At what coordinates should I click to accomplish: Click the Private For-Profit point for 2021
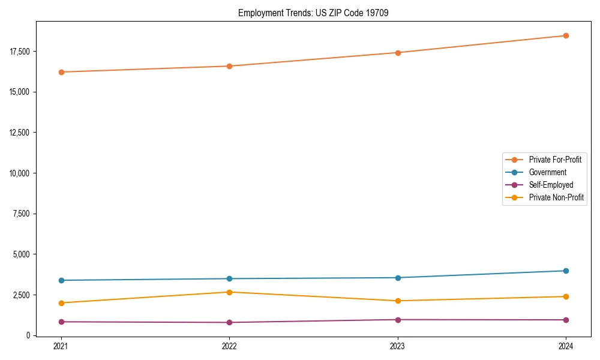tap(61, 72)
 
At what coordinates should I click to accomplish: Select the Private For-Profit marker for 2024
tap(566, 35)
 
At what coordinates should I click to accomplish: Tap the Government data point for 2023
tap(398, 278)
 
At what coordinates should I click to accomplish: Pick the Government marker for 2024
tap(566, 271)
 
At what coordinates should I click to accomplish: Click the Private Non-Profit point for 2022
tap(229, 292)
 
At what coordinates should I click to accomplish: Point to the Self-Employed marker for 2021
tap(61, 322)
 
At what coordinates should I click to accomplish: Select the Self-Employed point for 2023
tap(398, 320)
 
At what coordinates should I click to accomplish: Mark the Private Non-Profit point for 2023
tap(398, 301)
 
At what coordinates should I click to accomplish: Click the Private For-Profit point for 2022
tap(229, 66)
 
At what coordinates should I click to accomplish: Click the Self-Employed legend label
tap(551, 185)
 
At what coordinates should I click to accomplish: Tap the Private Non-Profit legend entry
tap(556, 197)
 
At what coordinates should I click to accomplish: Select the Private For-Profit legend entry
tap(555, 160)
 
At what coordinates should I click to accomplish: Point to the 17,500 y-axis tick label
tap(19, 51)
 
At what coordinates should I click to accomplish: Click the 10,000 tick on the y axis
tap(19, 173)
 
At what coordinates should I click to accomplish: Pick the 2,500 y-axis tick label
tap(21, 295)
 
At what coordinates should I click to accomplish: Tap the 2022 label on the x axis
tap(229, 346)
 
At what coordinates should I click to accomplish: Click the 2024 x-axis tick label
tap(566, 346)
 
